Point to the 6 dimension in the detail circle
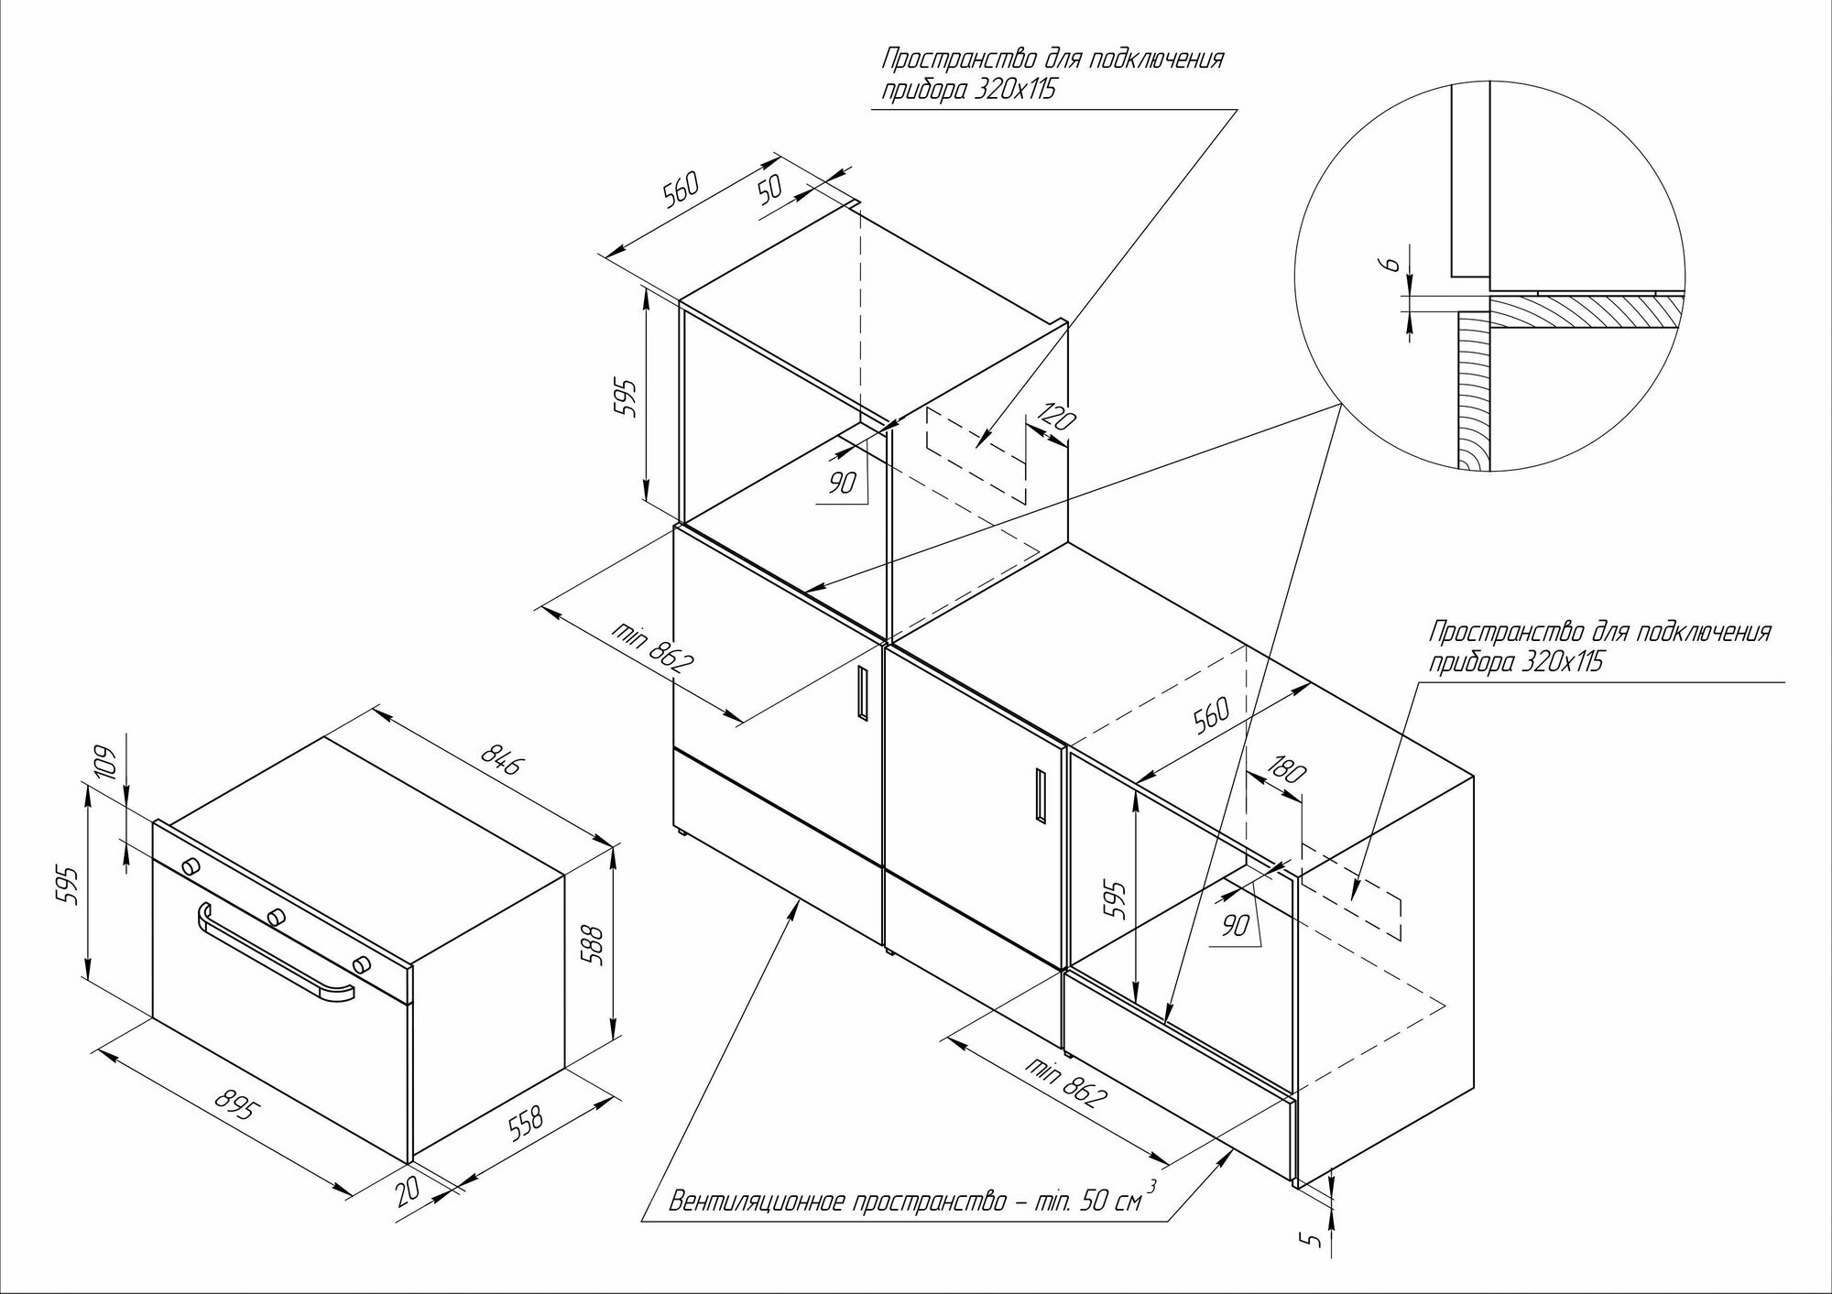coord(1390,264)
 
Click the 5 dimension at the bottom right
coord(1314,1241)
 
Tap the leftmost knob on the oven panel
coord(191,866)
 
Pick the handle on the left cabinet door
coord(862,691)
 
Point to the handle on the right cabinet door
coord(1038,794)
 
